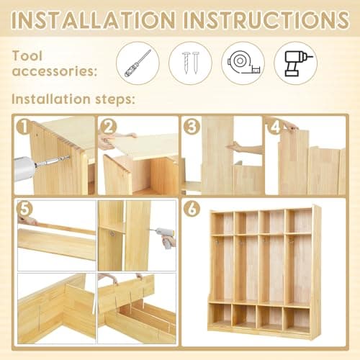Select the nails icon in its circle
(x=189, y=63)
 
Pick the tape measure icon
(x=243, y=63)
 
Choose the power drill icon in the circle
(x=296, y=63)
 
